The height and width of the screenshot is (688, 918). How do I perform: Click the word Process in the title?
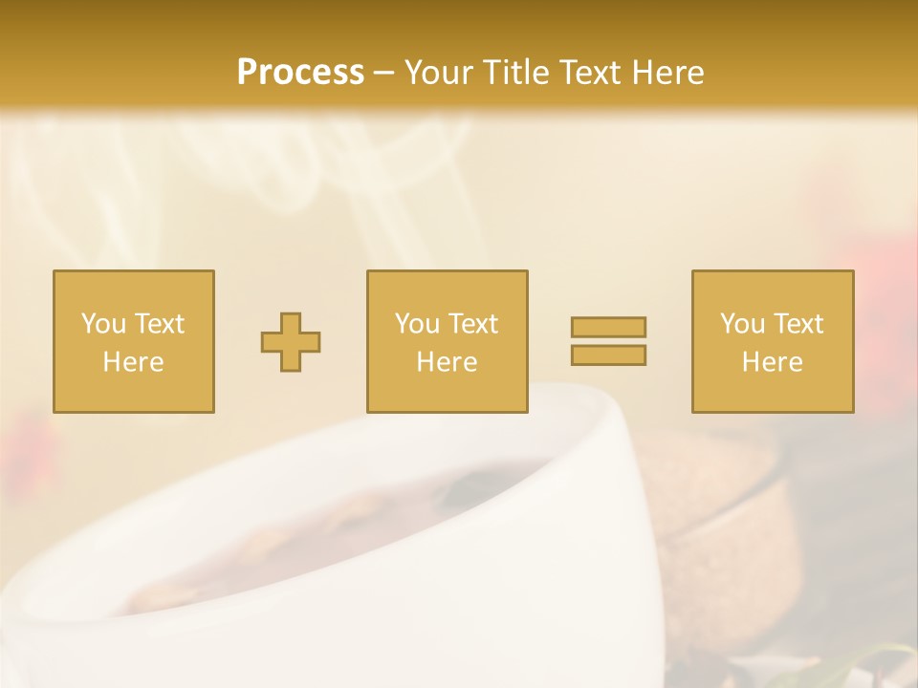(x=300, y=73)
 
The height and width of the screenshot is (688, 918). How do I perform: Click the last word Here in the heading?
(x=667, y=73)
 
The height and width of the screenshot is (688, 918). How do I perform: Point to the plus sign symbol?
(x=291, y=342)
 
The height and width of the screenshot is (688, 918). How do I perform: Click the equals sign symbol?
(x=608, y=341)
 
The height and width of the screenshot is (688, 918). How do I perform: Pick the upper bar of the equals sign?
(x=608, y=328)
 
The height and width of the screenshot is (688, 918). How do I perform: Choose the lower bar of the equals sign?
(x=608, y=355)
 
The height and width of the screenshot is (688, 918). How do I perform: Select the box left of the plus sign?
(x=134, y=341)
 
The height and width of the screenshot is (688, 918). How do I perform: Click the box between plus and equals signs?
(x=448, y=341)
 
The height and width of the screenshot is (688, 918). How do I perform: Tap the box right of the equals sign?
(x=773, y=341)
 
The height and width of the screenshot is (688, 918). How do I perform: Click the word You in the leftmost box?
(x=103, y=324)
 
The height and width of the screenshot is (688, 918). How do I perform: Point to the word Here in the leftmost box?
(x=134, y=362)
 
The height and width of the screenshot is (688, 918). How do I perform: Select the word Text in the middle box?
(x=473, y=324)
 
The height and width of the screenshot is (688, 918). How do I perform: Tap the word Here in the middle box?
(x=448, y=362)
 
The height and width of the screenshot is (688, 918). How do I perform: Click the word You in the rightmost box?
(x=742, y=324)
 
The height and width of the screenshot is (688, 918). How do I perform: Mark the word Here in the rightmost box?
(x=773, y=362)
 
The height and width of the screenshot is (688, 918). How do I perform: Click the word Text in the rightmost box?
(x=798, y=324)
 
